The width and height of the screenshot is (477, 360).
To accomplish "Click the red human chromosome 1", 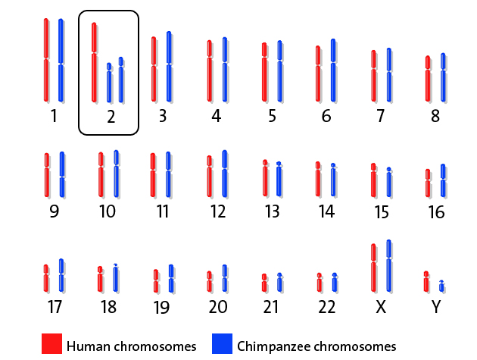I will (x=46, y=60).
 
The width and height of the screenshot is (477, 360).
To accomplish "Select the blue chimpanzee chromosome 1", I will (x=61, y=60).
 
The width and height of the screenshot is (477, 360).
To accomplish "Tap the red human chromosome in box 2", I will (x=94, y=62).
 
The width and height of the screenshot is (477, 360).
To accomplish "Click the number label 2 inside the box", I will (x=111, y=117).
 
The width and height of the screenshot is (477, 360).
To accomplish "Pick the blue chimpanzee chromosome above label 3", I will (x=169, y=67).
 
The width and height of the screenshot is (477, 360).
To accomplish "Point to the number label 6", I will (x=326, y=117).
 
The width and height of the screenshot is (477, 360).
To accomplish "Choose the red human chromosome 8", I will (x=428, y=78).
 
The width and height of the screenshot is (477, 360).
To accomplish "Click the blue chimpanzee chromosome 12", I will (x=224, y=174).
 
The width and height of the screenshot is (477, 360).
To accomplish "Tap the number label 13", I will (x=271, y=211).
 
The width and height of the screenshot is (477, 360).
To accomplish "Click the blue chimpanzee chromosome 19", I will (x=171, y=279).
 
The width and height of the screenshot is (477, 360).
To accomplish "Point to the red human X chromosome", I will (x=374, y=268).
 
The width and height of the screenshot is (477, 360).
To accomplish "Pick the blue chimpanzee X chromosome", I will (x=389, y=265).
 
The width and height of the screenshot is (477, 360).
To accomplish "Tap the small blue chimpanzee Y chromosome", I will (x=441, y=286).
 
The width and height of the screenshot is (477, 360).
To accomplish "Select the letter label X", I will (x=381, y=307).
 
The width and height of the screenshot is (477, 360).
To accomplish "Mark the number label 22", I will (x=326, y=307).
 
